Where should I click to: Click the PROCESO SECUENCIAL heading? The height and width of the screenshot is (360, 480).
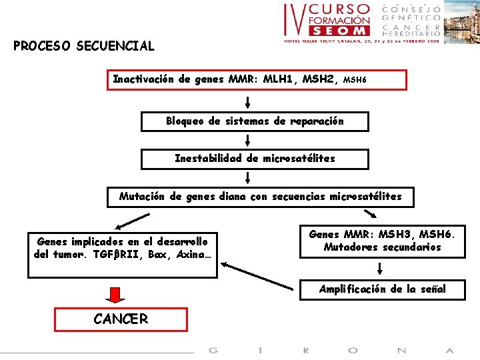click(83, 47)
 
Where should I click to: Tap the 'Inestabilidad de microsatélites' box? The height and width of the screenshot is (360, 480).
click(255, 159)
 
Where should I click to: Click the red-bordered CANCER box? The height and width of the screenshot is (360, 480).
click(121, 319)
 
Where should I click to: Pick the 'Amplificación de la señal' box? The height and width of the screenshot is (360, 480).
click(382, 289)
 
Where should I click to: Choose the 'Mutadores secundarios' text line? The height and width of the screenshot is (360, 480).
click(382, 247)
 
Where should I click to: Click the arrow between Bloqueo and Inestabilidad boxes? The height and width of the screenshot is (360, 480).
click(247, 140)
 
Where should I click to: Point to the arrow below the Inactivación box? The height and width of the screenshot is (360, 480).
click(247, 102)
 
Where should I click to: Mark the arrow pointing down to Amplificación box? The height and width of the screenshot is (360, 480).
click(379, 268)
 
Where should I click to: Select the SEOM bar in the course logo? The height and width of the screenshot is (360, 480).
click(339, 31)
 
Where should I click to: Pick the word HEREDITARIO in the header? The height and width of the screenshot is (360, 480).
click(411, 32)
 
